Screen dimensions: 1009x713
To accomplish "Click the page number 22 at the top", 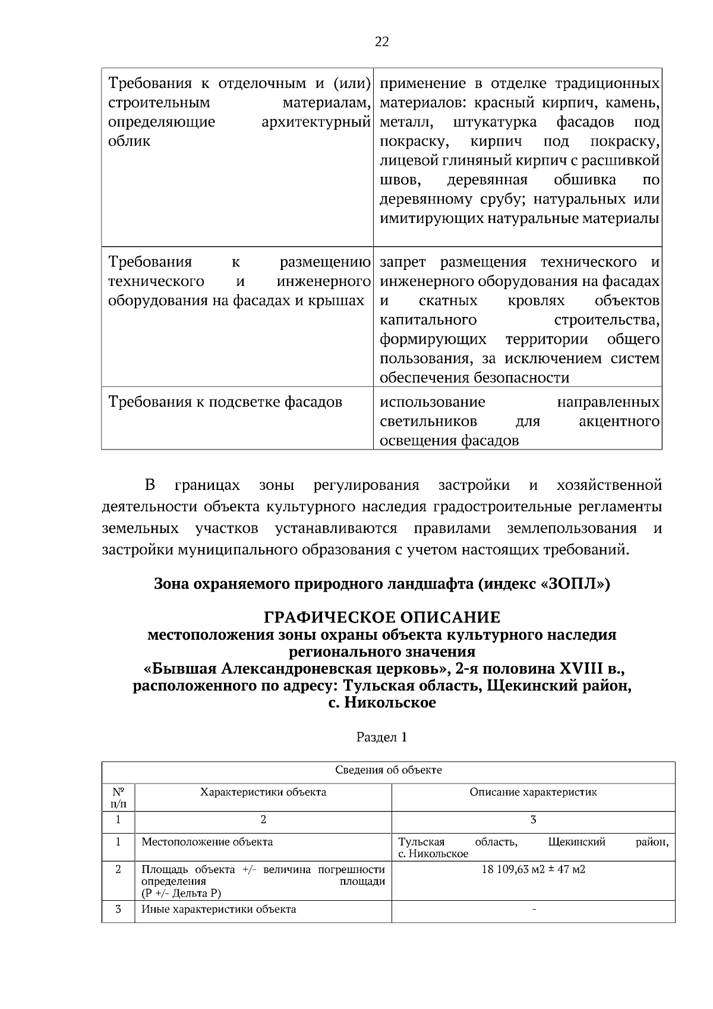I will click(382, 42).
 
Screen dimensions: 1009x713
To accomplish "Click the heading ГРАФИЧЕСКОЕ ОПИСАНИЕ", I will click(382, 617).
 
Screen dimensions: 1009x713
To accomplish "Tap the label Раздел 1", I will click(382, 737).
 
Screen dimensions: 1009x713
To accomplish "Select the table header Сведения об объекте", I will click(388, 771).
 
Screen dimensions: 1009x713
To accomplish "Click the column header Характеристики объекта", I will click(263, 793).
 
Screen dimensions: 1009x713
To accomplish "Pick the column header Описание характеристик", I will click(533, 793).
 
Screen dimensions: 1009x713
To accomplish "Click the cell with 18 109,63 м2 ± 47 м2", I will click(533, 870).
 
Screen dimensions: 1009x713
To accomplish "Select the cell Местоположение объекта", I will click(207, 842).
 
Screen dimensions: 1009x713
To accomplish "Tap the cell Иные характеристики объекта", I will click(219, 909).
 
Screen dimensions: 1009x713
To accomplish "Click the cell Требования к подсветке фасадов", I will click(226, 403).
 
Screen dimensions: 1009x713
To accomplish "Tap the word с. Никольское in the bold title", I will click(382, 703).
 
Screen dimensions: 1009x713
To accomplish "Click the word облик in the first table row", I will click(130, 142).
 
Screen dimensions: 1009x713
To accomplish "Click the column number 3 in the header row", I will click(533, 820).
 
